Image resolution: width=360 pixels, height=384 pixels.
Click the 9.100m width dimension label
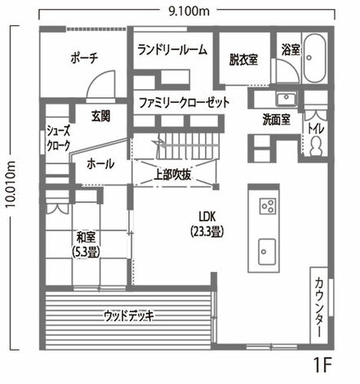click(189, 11)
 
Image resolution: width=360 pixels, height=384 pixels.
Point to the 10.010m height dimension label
click(11, 185)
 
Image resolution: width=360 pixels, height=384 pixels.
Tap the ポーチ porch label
click(84, 58)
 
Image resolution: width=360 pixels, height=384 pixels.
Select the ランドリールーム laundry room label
click(172, 50)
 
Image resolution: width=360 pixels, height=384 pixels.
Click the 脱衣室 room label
click(244, 60)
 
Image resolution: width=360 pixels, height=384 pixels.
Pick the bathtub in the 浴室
click(315, 58)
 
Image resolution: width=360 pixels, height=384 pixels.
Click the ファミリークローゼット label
click(184, 103)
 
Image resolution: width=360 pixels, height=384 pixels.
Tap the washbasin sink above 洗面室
click(286, 99)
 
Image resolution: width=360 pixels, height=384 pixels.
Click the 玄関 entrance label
click(100, 117)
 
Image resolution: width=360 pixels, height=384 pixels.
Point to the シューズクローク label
click(59, 138)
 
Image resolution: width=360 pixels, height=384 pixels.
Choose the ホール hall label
click(100, 164)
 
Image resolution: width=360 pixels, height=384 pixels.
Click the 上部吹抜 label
click(172, 176)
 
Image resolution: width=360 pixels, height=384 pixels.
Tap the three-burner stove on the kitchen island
click(268, 206)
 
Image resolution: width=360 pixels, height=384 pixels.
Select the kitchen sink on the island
click(267, 252)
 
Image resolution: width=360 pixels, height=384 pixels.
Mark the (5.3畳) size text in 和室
click(86, 252)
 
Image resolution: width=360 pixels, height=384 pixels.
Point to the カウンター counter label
click(319, 306)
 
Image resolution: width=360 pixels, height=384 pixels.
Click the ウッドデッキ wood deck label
click(129, 316)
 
